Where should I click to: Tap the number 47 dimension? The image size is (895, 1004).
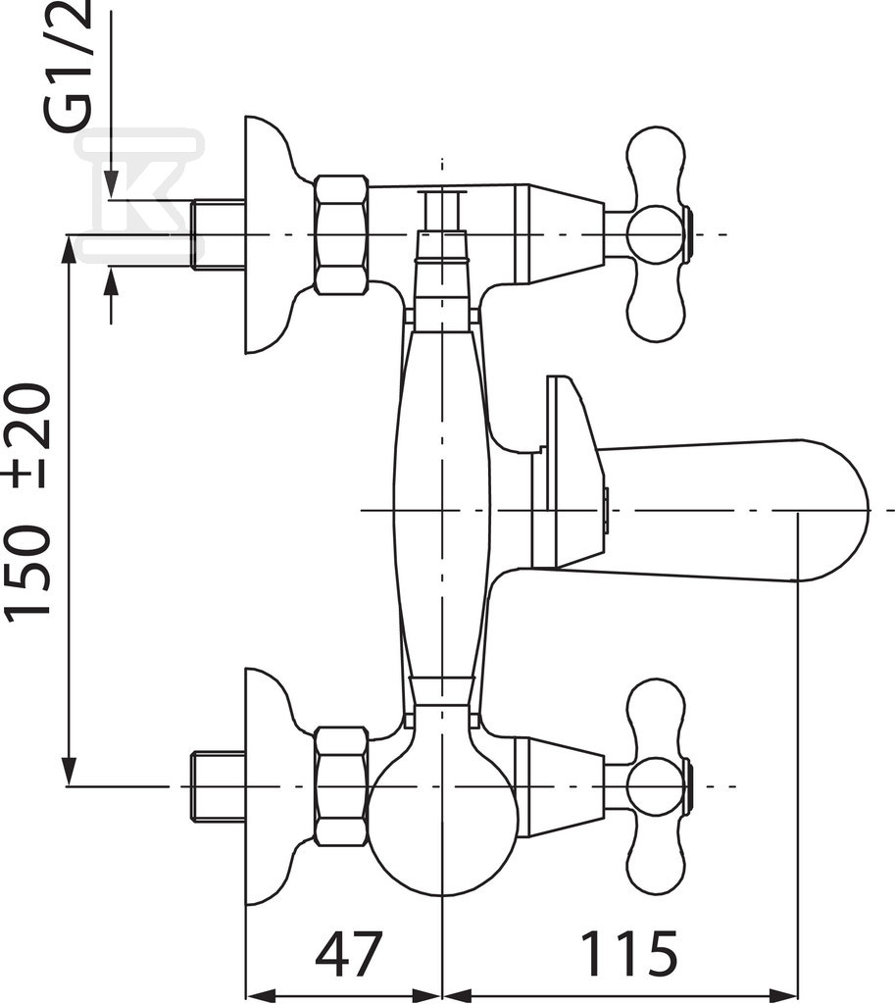coord(348,953)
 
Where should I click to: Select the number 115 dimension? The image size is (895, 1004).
coord(628,953)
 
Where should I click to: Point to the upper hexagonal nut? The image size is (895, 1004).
coord(342,234)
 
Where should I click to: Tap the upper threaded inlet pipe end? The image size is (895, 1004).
coord(218,234)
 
